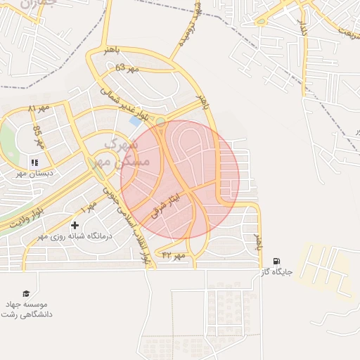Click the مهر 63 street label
pos(128,67)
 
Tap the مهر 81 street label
pos(40,109)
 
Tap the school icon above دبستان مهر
pos(34,162)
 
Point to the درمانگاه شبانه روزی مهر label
pos(75,236)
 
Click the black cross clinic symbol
pos(75,225)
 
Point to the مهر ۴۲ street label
pos(173,255)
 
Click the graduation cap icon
pos(26,294)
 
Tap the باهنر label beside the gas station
pos(258,236)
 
